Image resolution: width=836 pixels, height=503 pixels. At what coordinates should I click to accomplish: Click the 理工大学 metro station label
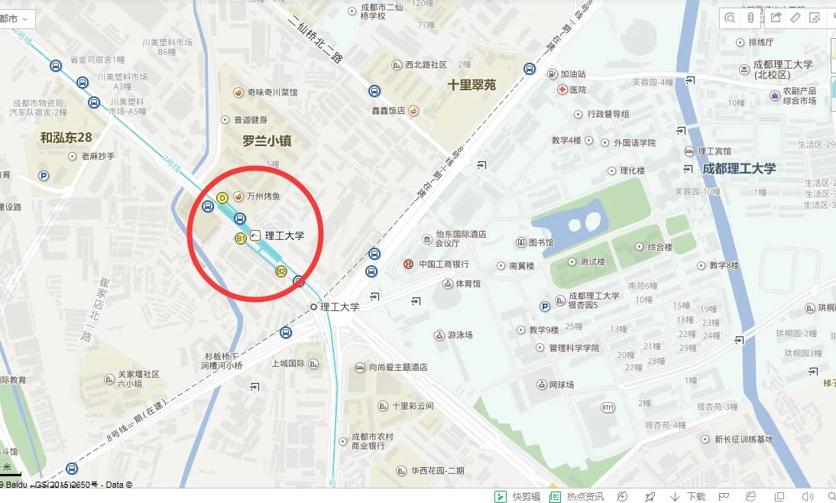click(x=284, y=235)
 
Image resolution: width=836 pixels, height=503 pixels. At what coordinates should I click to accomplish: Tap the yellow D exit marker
click(x=222, y=197)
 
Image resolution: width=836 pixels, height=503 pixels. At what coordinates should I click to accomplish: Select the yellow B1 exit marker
click(x=240, y=239)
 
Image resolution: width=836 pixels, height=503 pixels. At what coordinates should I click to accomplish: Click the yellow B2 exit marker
click(x=280, y=271)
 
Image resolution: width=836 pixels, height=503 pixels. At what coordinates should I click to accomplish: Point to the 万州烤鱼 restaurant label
click(x=263, y=196)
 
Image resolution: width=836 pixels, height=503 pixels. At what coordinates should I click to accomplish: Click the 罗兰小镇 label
click(x=267, y=141)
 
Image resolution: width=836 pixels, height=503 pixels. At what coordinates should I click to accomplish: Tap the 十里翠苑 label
click(x=471, y=85)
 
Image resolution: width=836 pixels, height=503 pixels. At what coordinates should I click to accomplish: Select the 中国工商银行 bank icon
click(x=408, y=264)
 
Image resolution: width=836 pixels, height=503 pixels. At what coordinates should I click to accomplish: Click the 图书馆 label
click(x=541, y=243)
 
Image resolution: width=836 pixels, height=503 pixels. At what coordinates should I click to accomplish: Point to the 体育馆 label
click(x=468, y=284)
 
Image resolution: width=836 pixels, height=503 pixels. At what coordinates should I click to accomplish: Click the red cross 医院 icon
click(x=561, y=89)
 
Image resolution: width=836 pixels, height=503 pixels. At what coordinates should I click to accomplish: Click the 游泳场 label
click(x=460, y=335)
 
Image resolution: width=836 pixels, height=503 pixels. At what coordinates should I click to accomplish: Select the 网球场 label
click(x=561, y=385)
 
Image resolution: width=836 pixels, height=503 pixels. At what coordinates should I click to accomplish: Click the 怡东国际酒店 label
click(x=461, y=235)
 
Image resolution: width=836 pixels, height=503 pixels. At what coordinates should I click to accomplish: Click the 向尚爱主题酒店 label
click(x=397, y=368)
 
